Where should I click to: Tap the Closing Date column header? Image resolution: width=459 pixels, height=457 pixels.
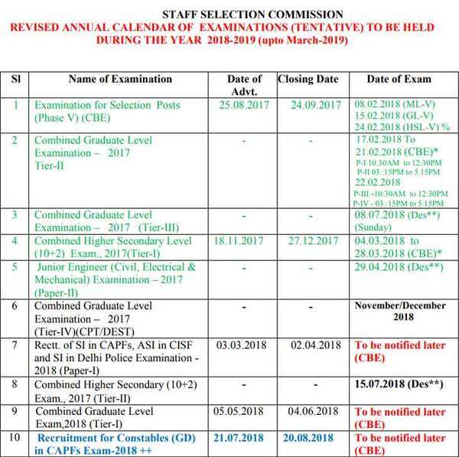coord(308,79)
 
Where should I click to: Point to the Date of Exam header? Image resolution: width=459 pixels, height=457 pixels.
coord(399,79)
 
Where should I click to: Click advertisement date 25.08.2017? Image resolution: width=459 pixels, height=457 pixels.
coord(243,105)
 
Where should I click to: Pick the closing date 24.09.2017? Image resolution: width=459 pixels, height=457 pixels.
coord(315,105)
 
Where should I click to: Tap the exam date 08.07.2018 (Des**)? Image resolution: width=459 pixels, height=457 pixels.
coord(389,217)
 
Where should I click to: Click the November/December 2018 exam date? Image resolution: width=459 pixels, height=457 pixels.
coord(400,312)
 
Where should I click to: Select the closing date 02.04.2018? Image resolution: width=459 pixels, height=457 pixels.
coord(316,345)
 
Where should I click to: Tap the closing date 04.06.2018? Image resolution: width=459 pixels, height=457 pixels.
coord(316,411)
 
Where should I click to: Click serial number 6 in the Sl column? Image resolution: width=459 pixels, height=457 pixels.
coord(15,306)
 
